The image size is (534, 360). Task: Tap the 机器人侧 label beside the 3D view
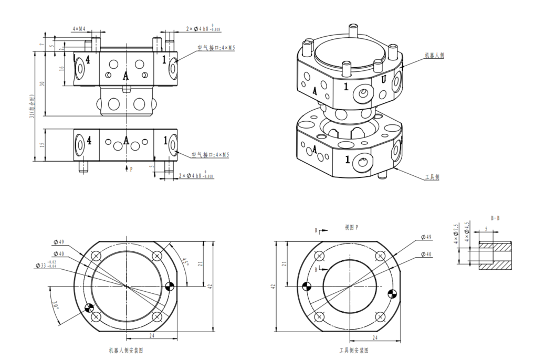(x=434, y=55)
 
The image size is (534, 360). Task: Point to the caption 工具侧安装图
(x=353, y=350)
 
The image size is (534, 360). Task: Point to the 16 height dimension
(x=61, y=68)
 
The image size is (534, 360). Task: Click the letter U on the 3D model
(x=384, y=80)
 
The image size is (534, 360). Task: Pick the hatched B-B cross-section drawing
(x=496, y=256)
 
